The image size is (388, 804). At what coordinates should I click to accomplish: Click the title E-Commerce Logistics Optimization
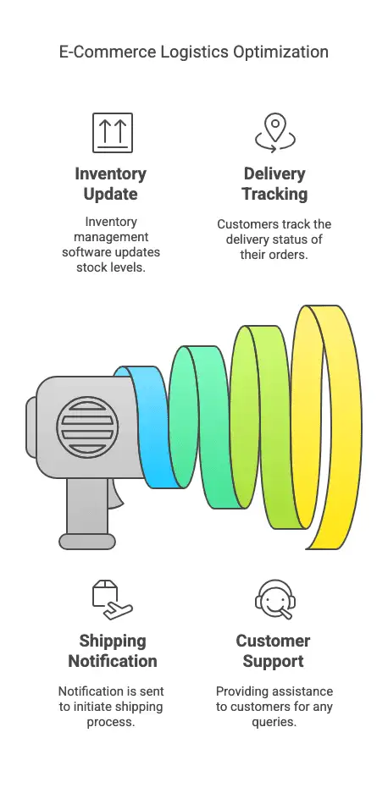tap(193, 52)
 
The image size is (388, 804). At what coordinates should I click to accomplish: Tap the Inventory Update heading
tap(111, 184)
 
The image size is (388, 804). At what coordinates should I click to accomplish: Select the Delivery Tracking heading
tap(274, 184)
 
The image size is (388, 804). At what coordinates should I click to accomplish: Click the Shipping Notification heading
tap(113, 651)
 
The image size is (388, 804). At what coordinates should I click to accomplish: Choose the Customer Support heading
tap(273, 651)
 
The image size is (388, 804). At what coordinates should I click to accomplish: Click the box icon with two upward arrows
tap(113, 133)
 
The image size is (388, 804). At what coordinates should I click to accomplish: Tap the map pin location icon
tap(275, 133)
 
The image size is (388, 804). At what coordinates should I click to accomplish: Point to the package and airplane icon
tap(113, 600)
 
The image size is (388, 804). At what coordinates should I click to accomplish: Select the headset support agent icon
tap(275, 600)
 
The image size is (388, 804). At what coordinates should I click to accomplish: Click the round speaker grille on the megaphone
tap(87, 427)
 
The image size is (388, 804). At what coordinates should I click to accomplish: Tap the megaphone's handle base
tap(87, 542)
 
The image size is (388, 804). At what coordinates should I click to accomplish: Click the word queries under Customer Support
tap(274, 722)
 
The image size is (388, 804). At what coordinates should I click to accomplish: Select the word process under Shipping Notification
tap(111, 722)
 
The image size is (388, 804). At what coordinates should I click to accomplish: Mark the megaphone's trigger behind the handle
tap(117, 496)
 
